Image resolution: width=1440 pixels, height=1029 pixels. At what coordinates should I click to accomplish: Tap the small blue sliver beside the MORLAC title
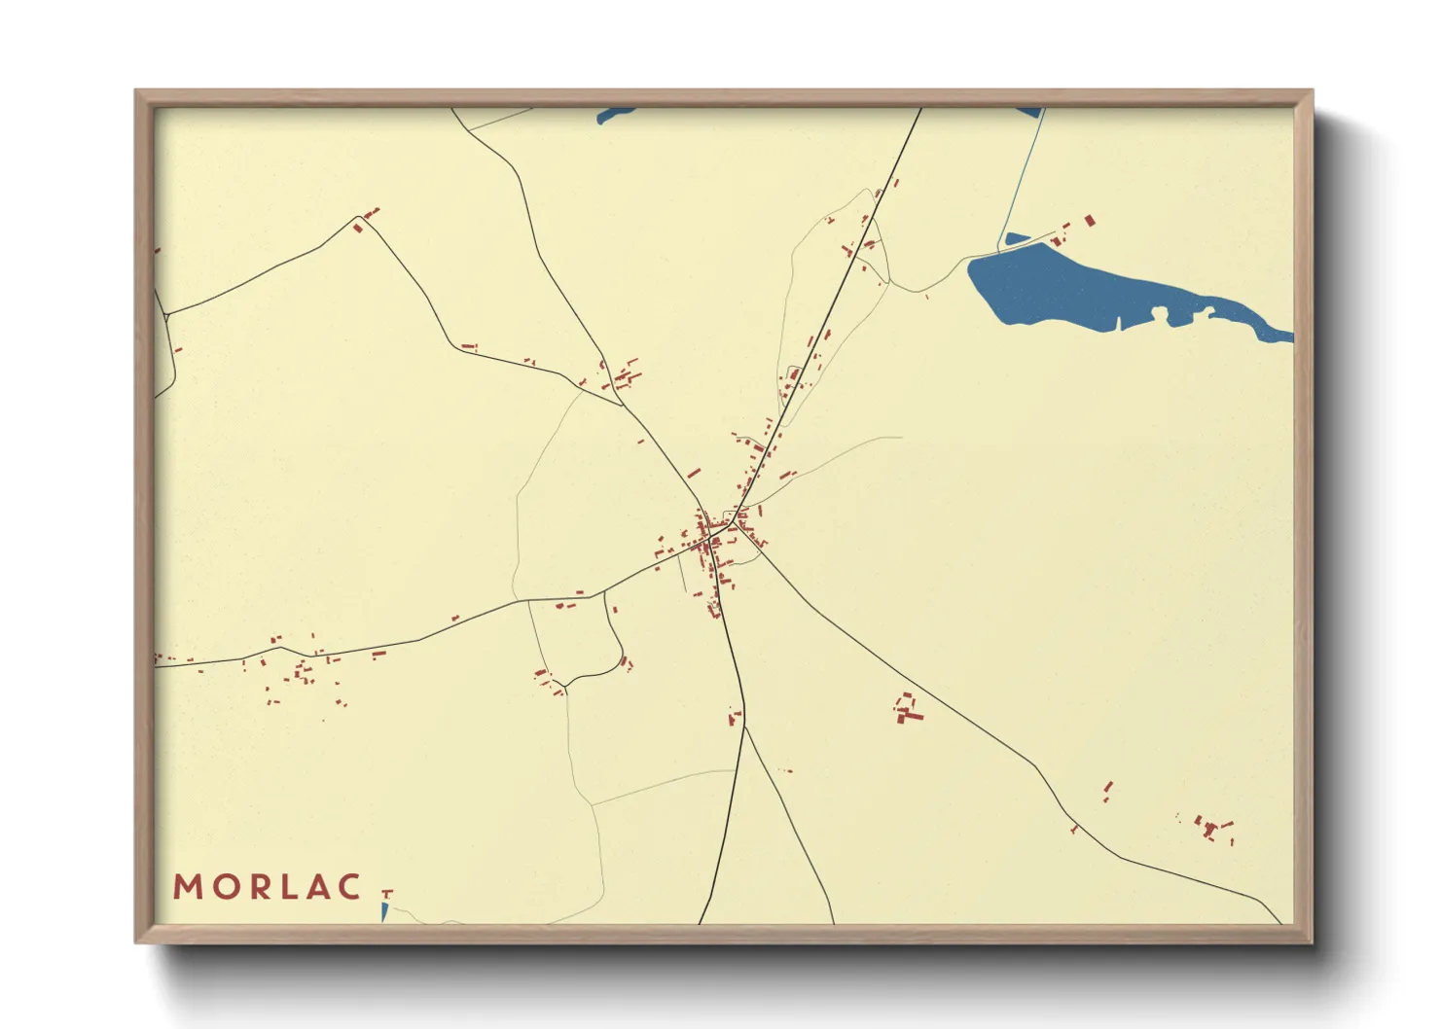click(384, 912)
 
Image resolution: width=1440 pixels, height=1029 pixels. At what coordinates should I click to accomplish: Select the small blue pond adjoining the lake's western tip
click(1015, 239)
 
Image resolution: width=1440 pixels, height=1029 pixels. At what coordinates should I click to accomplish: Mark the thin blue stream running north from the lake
click(1022, 175)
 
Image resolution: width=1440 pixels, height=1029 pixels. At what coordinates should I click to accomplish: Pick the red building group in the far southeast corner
click(1210, 829)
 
